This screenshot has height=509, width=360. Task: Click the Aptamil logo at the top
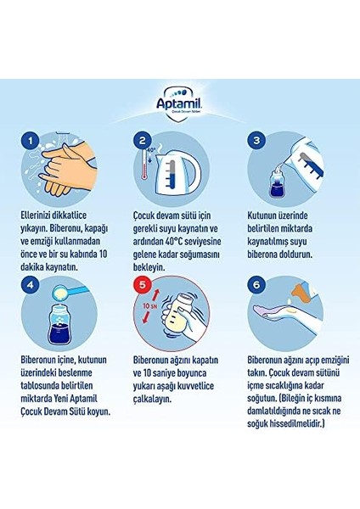180,101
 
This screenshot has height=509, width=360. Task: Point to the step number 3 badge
256,140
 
